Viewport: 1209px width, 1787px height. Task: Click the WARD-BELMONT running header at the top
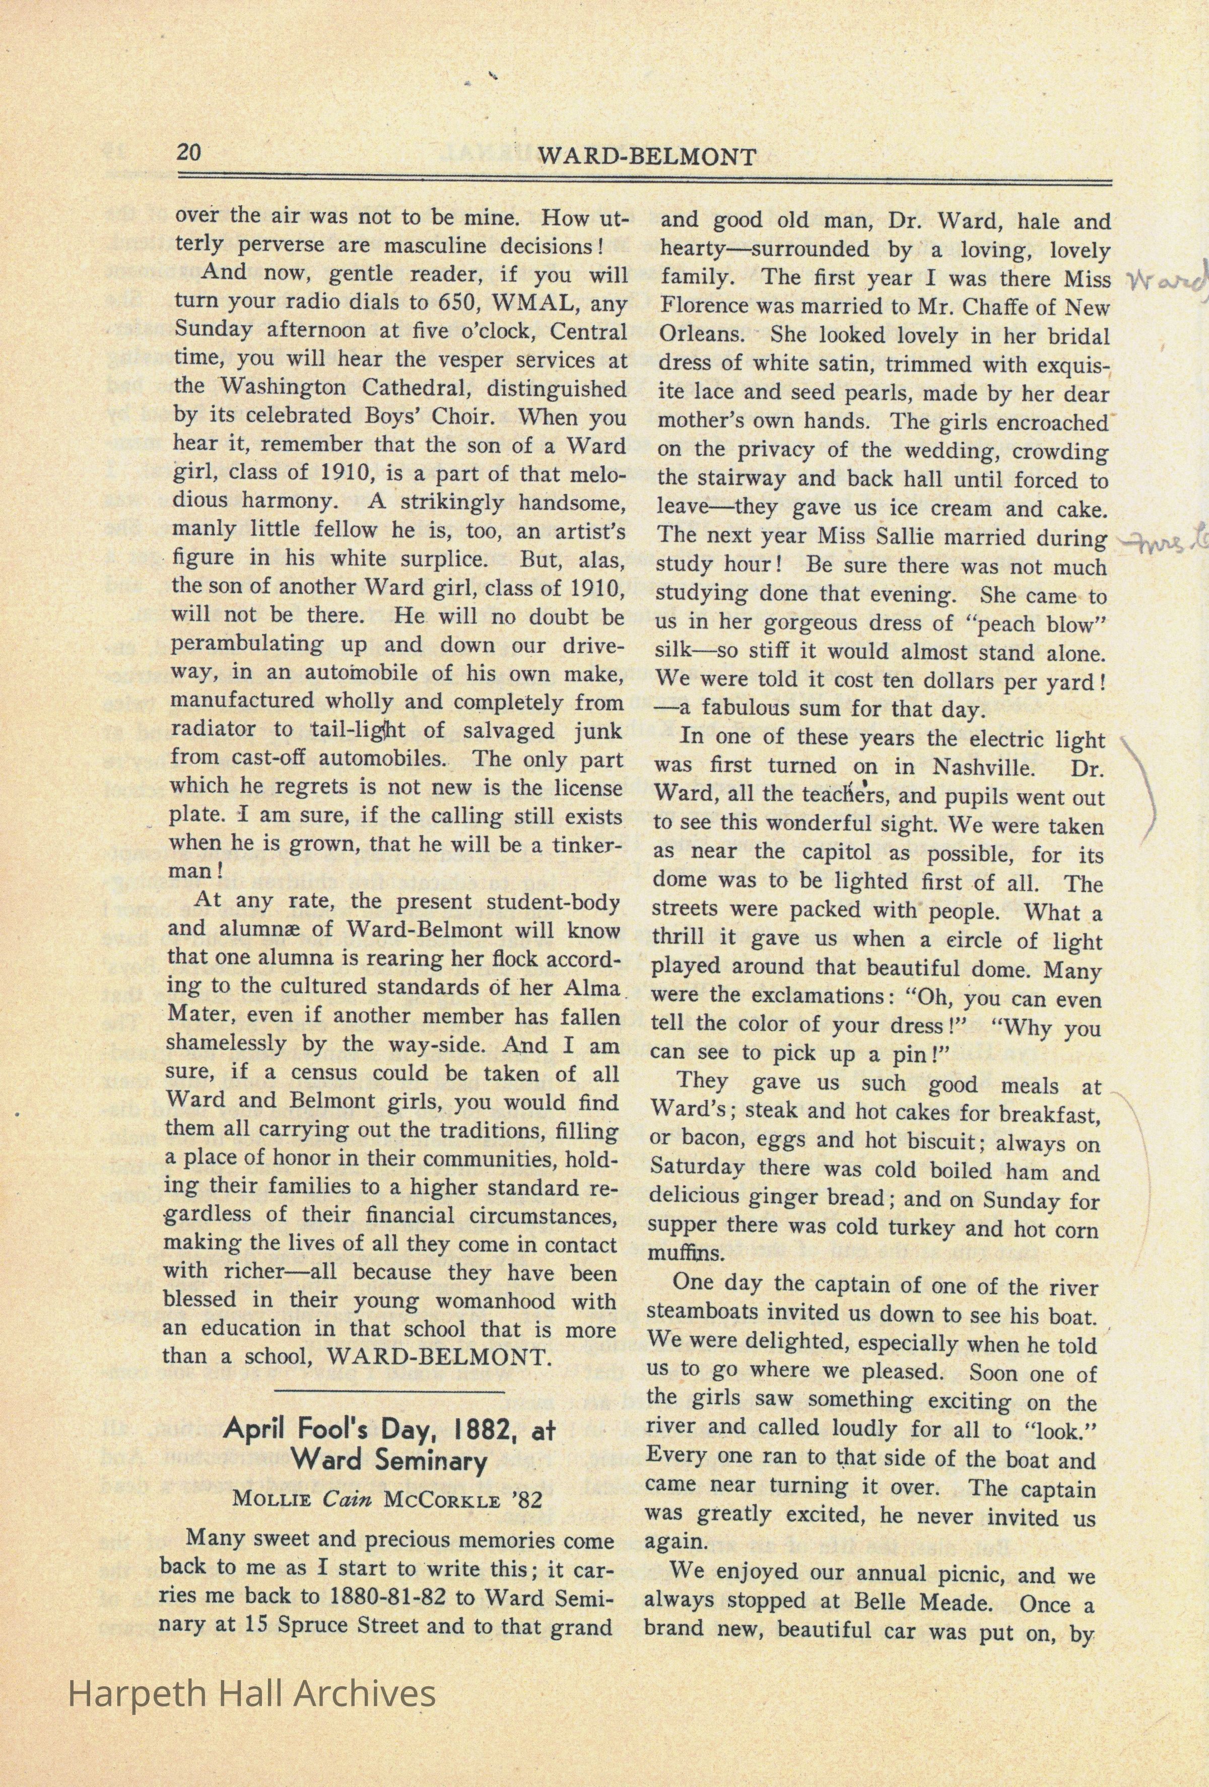(x=646, y=156)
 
